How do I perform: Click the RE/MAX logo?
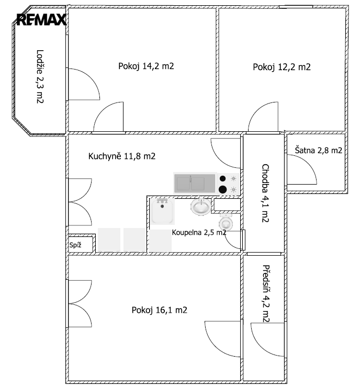click(x=41, y=19)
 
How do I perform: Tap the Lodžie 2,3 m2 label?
click(x=40, y=77)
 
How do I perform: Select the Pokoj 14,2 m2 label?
click(x=146, y=66)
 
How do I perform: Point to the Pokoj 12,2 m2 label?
click(x=282, y=67)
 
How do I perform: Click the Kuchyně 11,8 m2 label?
click(x=122, y=156)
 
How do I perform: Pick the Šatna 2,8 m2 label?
click(x=319, y=150)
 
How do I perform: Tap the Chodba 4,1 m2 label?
click(x=265, y=193)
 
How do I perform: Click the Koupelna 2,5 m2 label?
click(x=199, y=232)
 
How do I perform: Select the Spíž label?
click(x=75, y=245)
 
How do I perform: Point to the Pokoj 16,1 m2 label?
click(x=160, y=310)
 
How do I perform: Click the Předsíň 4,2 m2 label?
click(x=266, y=293)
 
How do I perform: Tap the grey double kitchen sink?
click(x=195, y=183)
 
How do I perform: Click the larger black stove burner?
click(x=222, y=189)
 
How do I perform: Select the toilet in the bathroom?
click(x=226, y=222)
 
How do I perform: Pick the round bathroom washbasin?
click(x=201, y=207)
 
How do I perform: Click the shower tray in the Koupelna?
click(x=162, y=211)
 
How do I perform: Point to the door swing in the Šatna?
click(x=307, y=163)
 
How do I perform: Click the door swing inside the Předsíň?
click(x=260, y=346)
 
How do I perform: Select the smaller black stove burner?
click(x=222, y=178)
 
